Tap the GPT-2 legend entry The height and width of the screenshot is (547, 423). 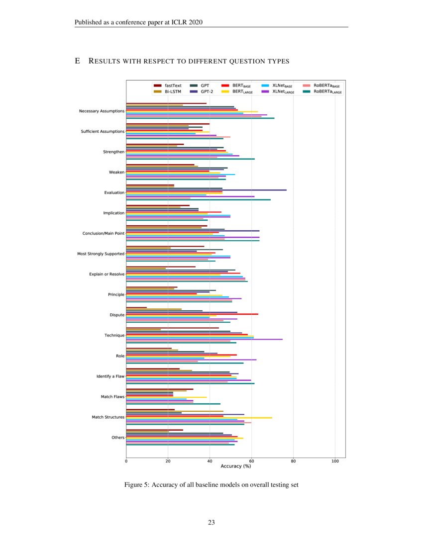(201, 91)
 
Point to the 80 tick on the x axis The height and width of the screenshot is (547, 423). (293, 461)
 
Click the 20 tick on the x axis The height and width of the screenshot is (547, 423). (168, 461)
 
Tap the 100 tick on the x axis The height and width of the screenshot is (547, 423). (335, 461)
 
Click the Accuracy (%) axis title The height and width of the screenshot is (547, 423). (235, 466)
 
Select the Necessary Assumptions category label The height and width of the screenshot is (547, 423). (102, 111)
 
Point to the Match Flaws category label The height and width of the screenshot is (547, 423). (112, 397)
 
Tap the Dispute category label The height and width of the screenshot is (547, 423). (117, 315)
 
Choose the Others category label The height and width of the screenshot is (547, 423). (118, 438)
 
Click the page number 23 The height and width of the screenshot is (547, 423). (211, 523)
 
